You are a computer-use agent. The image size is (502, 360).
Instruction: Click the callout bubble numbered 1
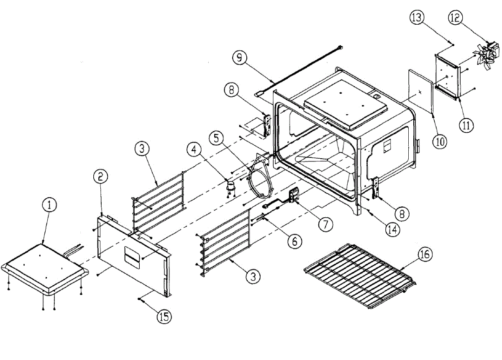[49, 205]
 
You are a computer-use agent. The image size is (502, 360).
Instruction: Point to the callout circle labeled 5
[217, 138]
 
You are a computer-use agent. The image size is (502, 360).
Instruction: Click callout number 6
[294, 241]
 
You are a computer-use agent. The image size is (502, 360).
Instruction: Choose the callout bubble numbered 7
[325, 224]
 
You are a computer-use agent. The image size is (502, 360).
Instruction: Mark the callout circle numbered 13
[417, 18]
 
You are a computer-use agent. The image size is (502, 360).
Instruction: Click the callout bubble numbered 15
[164, 317]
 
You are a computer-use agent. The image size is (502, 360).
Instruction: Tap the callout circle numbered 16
[425, 254]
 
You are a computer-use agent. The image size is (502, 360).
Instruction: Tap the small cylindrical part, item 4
[230, 185]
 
